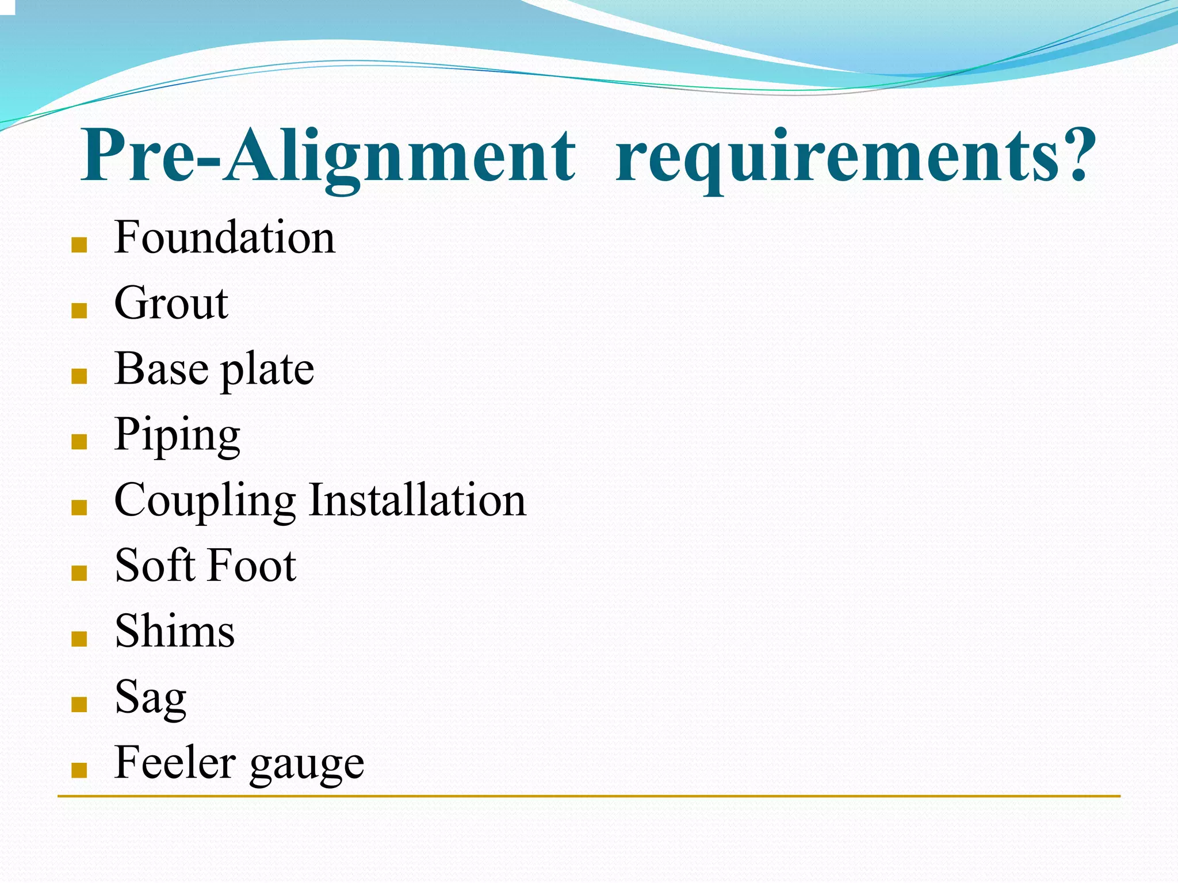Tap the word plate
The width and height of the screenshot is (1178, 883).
click(x=267, y=371)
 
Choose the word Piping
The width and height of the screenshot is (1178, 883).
click(x=177, y=435)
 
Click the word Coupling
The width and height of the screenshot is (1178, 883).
click(x=205, y=501)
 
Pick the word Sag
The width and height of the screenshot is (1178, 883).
click(x=151, y=698)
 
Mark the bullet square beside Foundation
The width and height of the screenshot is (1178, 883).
click(x=79, y=246)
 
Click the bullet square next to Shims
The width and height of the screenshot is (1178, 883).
click(x=79, y=639)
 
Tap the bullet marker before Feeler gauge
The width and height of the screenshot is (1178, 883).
click(x=79, y=770)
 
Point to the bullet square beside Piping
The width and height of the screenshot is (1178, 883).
click(x=79, y=442)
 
